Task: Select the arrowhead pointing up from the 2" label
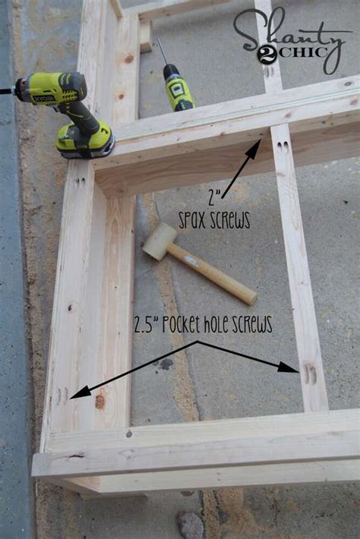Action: [255, 147]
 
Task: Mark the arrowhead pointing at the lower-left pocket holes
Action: [80, 392]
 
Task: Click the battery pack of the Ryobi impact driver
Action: [86, 141]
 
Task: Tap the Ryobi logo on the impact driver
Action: [44, 99]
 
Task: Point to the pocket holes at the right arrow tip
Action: [310, 374]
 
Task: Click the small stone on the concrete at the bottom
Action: [190, 524]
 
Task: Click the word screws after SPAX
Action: [229, 220]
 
